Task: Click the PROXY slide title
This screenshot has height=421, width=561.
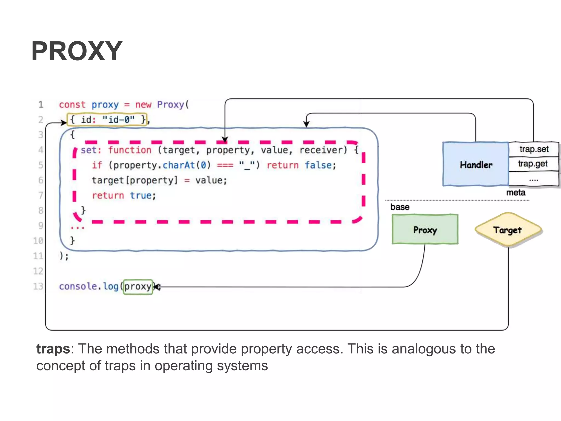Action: click(77, 51)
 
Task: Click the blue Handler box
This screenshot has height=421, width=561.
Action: click(476, 164)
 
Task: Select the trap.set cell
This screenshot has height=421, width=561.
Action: click(534, 149)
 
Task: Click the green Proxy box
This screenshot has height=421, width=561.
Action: click(425, 229)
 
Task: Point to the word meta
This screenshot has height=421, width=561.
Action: click(516, 193)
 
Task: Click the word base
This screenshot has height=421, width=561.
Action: click(400, 207)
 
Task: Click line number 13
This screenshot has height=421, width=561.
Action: click(38, 286)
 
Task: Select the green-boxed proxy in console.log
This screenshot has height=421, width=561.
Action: click(138, 287)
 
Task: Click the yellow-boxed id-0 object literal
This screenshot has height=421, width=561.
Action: click(107, 120)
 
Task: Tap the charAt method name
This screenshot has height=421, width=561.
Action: click(179, 165)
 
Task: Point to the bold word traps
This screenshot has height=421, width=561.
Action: click(53, 349)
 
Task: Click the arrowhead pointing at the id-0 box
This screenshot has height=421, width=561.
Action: click(64, 123)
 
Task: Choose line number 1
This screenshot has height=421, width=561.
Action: click(41, 104)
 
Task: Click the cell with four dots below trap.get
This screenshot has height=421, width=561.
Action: click(533, 180)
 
